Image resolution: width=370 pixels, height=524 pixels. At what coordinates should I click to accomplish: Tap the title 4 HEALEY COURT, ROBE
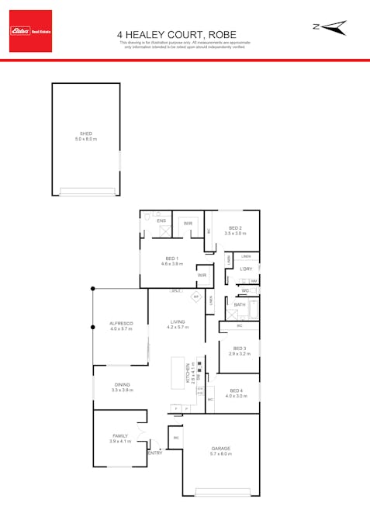tap(185, 34)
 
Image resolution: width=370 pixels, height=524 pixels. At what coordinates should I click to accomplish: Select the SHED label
tap(86, 134)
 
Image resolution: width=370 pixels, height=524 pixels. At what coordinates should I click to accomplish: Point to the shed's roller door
tap(87, 193)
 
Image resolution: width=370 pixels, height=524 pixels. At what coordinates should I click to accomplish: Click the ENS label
tap(161, 221)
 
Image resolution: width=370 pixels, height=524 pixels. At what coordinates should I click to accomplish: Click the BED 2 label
tap(234, 227)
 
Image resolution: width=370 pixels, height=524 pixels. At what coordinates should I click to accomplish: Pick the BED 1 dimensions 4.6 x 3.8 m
tap(171, 264)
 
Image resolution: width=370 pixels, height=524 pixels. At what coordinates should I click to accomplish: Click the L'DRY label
tap(246, 269)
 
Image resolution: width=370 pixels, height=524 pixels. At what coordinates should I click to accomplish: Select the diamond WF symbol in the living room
tap(196, 297)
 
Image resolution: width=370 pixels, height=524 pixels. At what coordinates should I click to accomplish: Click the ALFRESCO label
tap(122, 323)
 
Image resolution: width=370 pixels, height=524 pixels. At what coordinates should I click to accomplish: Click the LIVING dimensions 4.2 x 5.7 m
tap(178, 328)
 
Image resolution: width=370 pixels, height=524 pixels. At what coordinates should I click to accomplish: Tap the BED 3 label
tap(239, 349)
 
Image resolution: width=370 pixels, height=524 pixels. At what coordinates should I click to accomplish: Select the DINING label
tap(123, 384)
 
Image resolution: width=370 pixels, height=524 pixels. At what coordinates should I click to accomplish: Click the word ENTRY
tap(155, 453)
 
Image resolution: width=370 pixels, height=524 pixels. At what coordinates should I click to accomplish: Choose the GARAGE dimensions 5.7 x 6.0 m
tap(221, 453)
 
